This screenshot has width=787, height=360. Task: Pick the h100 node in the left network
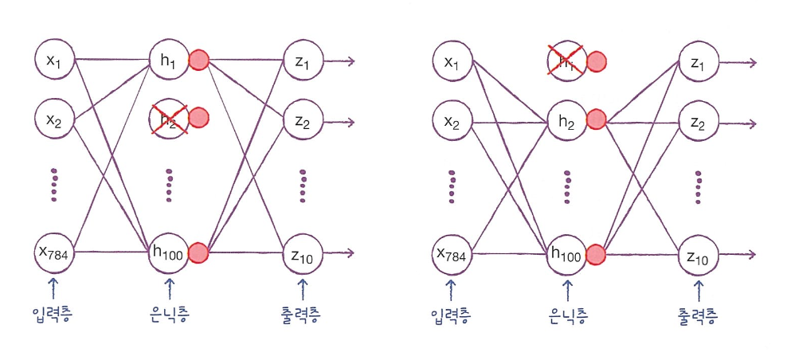click(x=168, y=253)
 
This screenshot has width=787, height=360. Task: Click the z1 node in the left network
click(x=301, y=61)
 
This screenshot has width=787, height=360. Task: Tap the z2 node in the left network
click(x=301, y=121)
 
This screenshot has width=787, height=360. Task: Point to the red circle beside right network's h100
click(x=595, y=255)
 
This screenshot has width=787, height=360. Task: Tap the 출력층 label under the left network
click(x=303, y=316)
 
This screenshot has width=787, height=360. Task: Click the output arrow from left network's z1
click(x=338, y=61)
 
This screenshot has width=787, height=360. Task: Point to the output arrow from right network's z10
click(x=736, y=255)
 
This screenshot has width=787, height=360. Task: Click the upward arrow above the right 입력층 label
click(x=450, y=288)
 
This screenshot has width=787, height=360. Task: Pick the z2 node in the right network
click(x=698, y=122)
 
